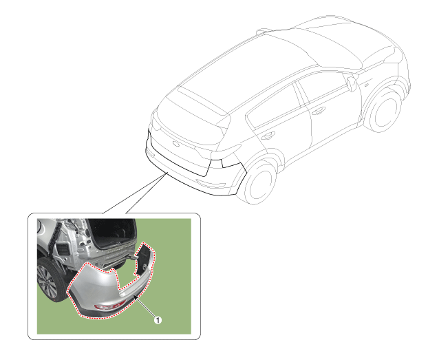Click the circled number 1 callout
158,320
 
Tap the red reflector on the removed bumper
110,306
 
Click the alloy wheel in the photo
47,282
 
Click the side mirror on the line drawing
352,84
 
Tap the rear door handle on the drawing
268,135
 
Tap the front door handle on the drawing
319,110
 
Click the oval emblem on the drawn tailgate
176,144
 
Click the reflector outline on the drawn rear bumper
211,184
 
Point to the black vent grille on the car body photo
62,249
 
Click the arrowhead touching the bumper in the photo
135,297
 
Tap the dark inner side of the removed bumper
144,259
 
